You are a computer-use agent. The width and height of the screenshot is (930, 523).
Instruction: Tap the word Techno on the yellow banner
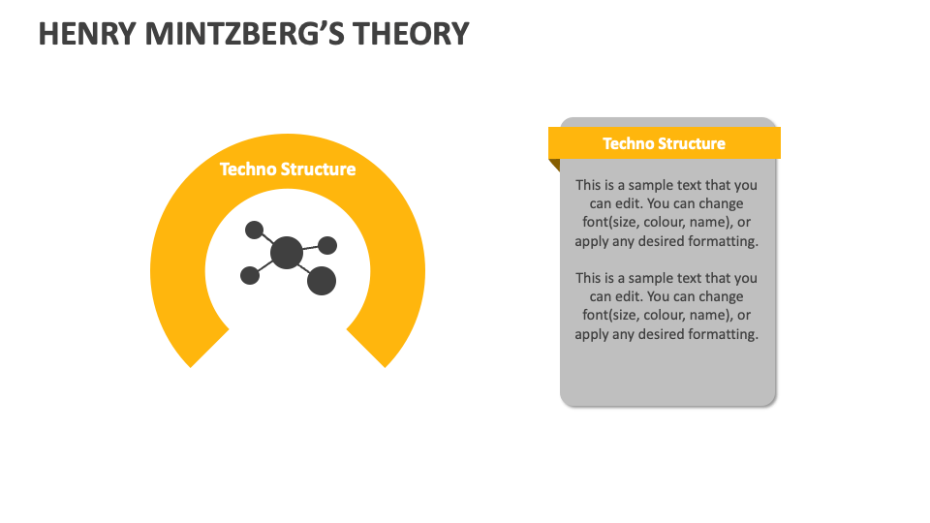coord(629,143)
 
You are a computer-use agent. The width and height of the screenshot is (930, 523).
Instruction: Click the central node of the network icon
coord(286,253)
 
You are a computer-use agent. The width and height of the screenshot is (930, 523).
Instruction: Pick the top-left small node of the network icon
coord(254,230)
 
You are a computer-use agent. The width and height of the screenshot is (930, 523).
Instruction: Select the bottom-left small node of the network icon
coord(250,275)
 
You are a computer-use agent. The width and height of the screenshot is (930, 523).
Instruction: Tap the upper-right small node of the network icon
coord(327,245)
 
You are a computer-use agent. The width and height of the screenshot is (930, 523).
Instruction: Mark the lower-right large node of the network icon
coord(321,281)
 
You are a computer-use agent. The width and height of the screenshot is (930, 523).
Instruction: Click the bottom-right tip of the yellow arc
coord(384,363)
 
